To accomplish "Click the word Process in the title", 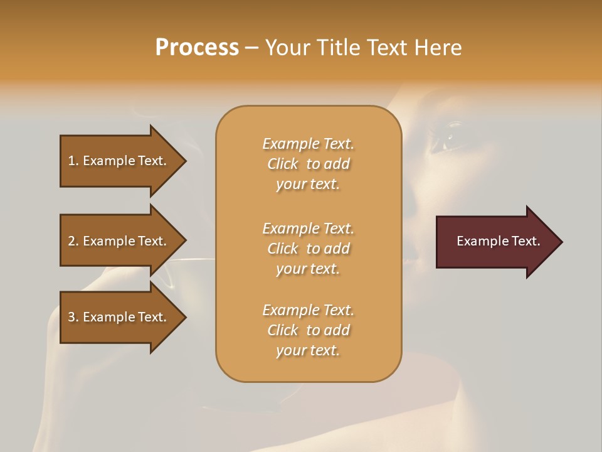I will (x=197, y=48).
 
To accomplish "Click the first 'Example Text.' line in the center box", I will (x=308, y=144).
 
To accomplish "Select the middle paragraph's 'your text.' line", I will (x=308, y=269).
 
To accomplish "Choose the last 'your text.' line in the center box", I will (x=308, y=350).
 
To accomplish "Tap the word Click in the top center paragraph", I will (x=283, y=164).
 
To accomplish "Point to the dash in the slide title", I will (x=251, y=48).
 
